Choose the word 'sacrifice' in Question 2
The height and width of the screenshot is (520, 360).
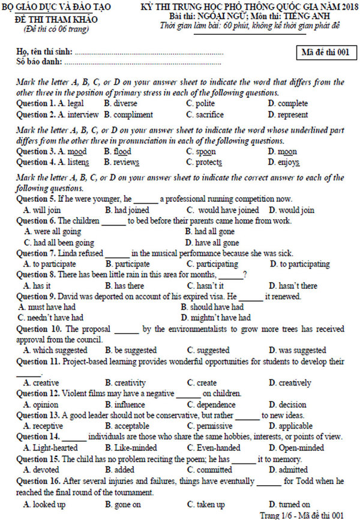(x=209, y=115)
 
